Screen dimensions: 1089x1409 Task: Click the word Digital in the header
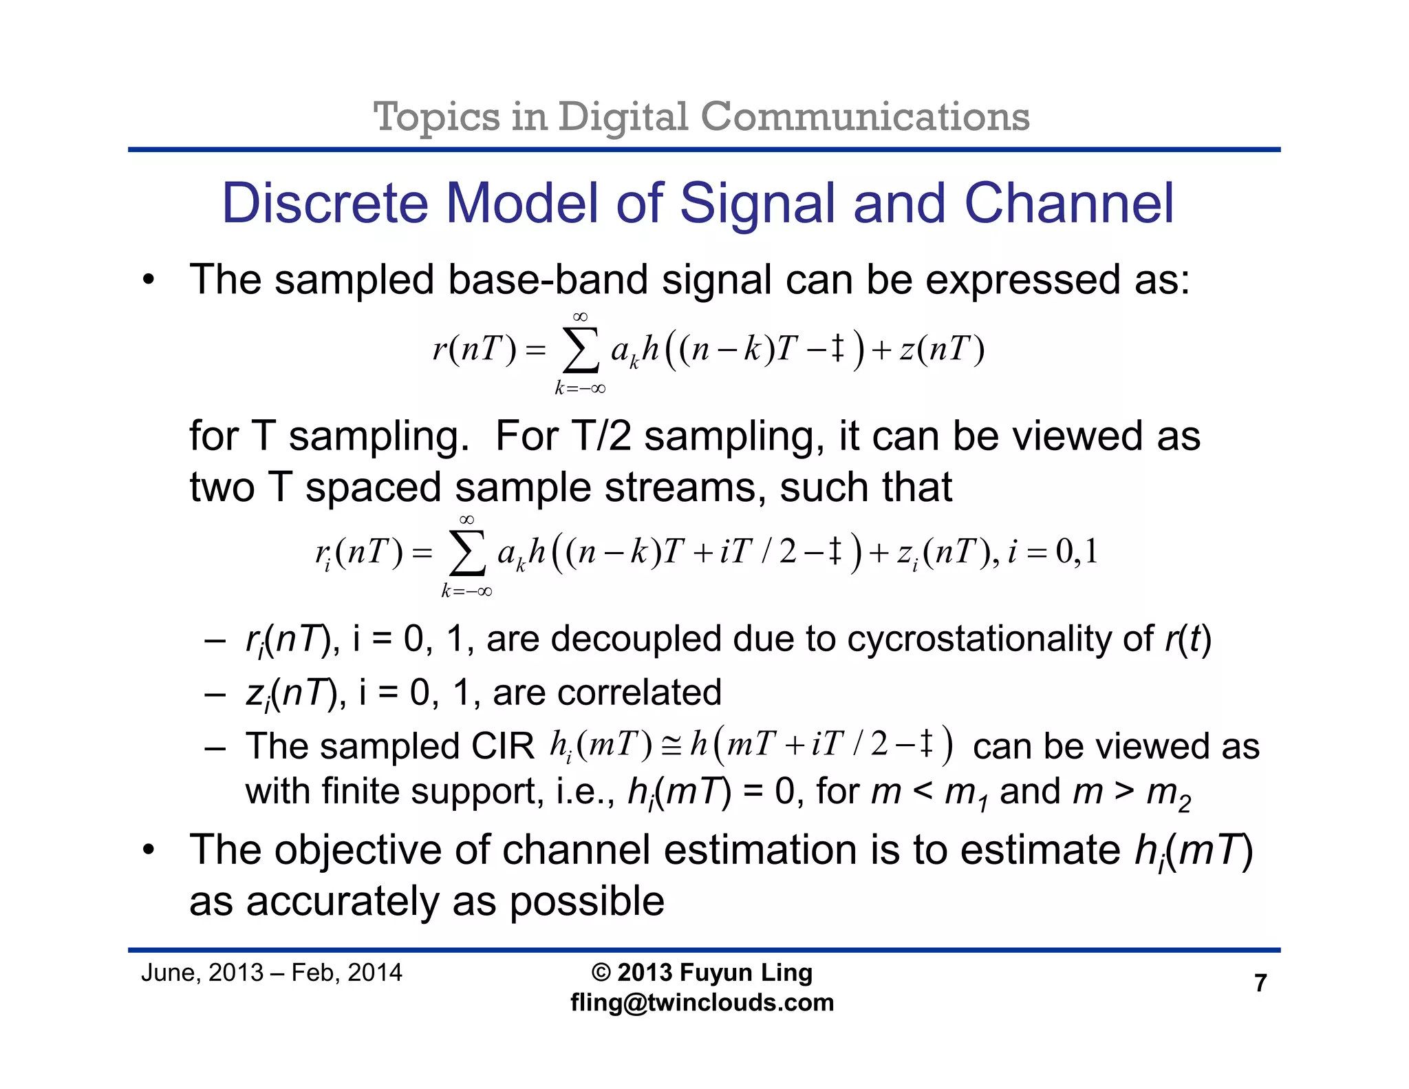(x=623, y=117)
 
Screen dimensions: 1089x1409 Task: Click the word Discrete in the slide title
(x=324, y=204)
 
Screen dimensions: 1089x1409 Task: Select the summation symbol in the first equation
(x=580, y=351)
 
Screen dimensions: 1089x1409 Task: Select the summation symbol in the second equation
(x=466, y=554)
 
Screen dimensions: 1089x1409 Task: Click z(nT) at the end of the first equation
(x=942, y=350)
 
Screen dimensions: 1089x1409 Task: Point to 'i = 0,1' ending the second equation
(x=1052, y=552)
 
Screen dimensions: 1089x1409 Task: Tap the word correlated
(x=640, y=692)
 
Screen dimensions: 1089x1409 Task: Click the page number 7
(x=1260, y=983)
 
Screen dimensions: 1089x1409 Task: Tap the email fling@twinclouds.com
(x=702, y=1002)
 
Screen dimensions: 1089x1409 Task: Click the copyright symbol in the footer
(x=601, y=973)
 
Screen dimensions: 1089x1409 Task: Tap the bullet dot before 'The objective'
(x=149, y=851)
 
